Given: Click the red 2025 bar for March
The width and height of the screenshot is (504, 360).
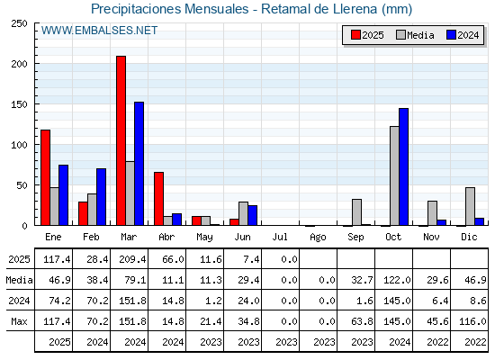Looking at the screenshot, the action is click(x=121, y=140).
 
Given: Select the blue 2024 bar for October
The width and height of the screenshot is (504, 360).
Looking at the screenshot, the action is click(x=404, y=166).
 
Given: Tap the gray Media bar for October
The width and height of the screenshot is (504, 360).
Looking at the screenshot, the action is click(x=395, y=175).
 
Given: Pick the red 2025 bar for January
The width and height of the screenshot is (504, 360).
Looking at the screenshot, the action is click(x=46, y=178).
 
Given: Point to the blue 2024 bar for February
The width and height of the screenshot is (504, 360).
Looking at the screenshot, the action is click(x=101, y=197).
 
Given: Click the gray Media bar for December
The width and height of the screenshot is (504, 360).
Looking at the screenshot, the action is click(x=470, y=206).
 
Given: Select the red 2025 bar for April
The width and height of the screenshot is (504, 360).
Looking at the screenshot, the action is click(x=158, y=199).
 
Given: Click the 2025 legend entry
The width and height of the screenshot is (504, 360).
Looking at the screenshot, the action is click(x=367, y=35).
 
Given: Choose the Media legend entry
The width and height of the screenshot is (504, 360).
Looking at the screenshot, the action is click(x=415, y=35).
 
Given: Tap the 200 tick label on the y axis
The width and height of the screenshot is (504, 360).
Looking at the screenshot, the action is click(x=19, y=64).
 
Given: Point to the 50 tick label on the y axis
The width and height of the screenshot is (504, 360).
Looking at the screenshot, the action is click(x=22, y=185).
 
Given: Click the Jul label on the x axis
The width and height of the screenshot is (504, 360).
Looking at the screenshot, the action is click(x=280, y=237).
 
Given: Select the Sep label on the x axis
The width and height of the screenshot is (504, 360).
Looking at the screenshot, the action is click(x=355, y=238).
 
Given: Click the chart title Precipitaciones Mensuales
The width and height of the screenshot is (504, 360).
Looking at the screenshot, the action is click(x=170, y=9).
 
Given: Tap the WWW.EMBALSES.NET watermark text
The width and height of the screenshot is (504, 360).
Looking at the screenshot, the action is click(x=99, y=31).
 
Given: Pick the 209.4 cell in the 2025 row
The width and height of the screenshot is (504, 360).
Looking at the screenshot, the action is click(x=132, y=259).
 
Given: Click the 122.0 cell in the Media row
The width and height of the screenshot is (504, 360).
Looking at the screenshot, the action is click(x=397, y=280).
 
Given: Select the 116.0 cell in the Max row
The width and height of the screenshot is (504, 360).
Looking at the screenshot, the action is click(x=472, y=321).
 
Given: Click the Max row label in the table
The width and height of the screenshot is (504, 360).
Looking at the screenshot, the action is click(x=19, y=321).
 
